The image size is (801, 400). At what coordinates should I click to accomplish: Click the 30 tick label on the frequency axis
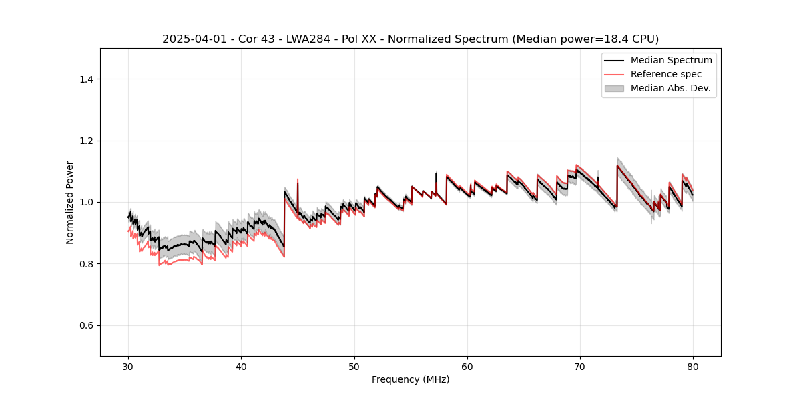pyautogui.click(x=129, y=366)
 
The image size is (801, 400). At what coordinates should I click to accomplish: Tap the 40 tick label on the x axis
pyautogui.click(x=242, y=366)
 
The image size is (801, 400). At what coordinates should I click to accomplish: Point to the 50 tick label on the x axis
pyautogui.click(x=354, y=366)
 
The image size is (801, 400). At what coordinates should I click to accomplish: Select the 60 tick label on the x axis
pyautogui.click(x=467, y=366)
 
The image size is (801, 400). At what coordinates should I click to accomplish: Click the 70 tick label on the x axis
pyautogui.click(x=580, y=366)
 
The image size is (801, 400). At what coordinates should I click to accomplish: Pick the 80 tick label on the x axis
pyautogui.click(x=693, y=366)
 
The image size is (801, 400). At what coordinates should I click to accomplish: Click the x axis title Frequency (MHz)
pyautogui.click(x=411, y=379)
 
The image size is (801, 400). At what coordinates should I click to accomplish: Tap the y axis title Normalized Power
pyautogui.click(x=69, y=202)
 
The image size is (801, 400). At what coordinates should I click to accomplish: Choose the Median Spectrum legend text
pyautogui.click(x=671, y=60)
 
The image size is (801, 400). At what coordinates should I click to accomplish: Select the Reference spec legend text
pyautogui.click(x=665, y=74)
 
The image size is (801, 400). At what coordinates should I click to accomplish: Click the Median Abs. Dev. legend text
pyautogui.click(x=670, y=88)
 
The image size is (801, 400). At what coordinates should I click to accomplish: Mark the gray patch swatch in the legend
pyautogui.click(x=614, y=88)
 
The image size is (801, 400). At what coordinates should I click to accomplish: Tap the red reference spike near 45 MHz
pyautogui.click(x=298, y=181)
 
